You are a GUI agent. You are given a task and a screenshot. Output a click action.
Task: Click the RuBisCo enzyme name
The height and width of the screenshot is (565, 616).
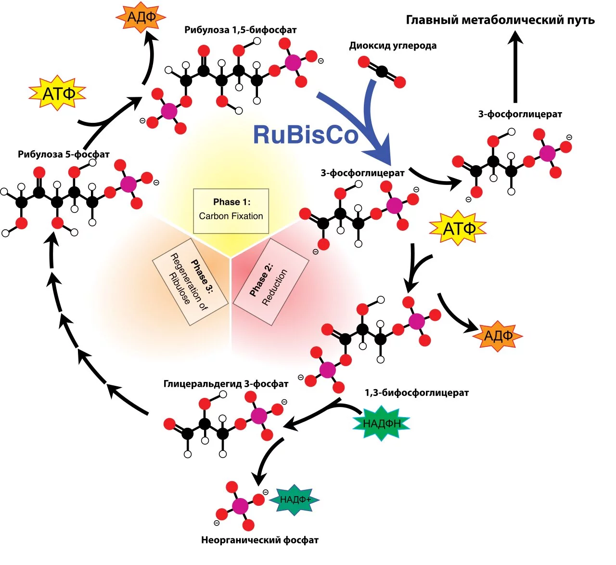(306, 134)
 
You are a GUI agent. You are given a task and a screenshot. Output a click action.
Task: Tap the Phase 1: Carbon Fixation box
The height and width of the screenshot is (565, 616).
(231, 211)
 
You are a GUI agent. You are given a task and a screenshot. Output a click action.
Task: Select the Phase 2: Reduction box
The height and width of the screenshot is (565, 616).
(270, 282)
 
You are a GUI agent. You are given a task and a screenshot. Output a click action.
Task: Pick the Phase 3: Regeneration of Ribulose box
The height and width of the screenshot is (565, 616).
(190, 282)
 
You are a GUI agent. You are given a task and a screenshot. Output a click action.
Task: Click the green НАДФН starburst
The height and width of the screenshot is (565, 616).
(382, 423)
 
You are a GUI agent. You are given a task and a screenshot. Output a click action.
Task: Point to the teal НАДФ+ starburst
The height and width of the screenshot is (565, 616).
(294, 499)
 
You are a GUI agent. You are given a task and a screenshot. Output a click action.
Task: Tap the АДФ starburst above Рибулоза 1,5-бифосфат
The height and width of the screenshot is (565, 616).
(141, 17)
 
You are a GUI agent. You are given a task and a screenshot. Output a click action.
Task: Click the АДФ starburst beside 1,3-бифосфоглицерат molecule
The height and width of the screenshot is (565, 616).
(498, 336)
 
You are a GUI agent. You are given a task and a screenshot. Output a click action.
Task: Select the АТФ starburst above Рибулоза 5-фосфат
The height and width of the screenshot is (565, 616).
(58, 93)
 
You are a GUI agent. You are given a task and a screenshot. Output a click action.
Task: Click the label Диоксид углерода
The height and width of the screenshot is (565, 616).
(393, 46)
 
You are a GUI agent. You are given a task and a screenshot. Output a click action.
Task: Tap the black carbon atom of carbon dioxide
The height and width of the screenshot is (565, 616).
(382, 72)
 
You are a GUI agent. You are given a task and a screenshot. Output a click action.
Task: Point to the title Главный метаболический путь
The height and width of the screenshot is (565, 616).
(500, 20)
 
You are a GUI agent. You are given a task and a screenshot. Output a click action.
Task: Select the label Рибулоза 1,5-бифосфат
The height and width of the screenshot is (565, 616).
(240, 30)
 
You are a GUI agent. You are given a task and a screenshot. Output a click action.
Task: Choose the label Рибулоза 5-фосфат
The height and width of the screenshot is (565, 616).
(64, 155)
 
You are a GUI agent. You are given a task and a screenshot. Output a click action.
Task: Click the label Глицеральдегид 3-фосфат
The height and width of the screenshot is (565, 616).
(226, 384)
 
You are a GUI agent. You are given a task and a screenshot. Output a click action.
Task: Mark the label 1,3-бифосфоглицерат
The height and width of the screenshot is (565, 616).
(416, 393)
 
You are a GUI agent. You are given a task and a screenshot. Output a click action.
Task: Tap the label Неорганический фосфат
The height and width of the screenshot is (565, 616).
(260, 540)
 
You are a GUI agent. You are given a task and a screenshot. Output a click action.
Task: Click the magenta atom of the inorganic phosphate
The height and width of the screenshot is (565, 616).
(240, 506)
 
